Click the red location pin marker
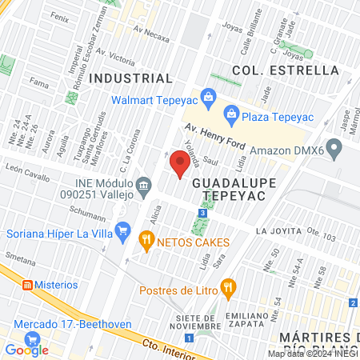pyautogui.click(x=181, y=163)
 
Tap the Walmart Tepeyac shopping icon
pyautogui.click(x=208, y=98)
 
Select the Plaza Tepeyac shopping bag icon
pyautogui.click(x=230, y=113)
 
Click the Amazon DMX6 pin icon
pyautogui.click(x=335, y=149)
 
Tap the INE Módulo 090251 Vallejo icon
pyautogui.click(x=143, y=186)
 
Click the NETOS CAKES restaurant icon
pyautogui.click(x=146, y=238)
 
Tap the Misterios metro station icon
pyautogui.click(x=26, y=284)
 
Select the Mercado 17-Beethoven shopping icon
pyautogui.click(x=22, y=326)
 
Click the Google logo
pyautogui.click(x=26, y=350)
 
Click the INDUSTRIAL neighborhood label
pyautogui.click(x=130, y=78)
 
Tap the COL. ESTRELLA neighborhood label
pyautogui.click(x=286, y=70)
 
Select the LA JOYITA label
pyautogui.click(x=279, y=230)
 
